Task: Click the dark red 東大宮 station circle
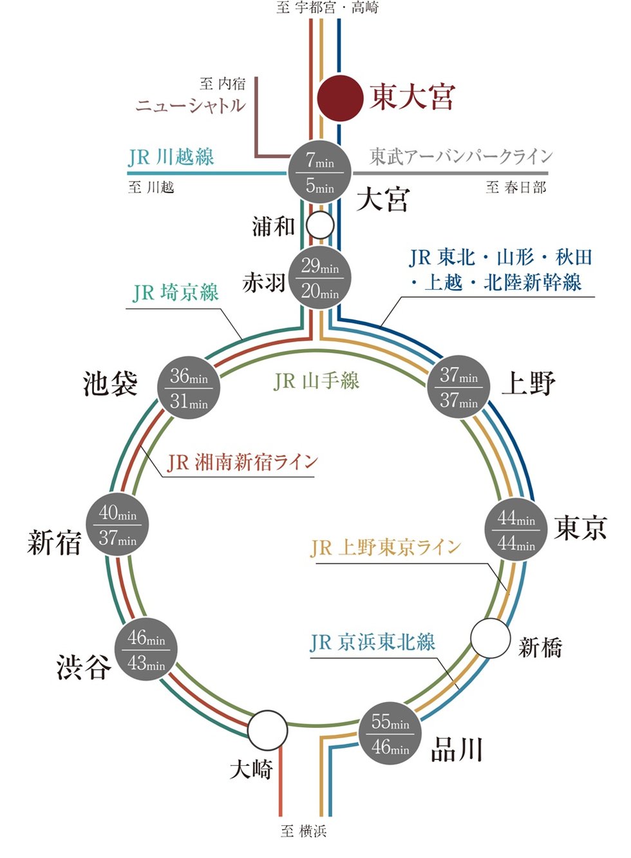[x=340, y=98]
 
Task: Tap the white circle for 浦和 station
[x=320, y=225]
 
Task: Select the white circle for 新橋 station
[x=491, y=638]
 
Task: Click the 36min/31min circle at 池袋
[x=189, y=388]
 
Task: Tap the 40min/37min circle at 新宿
[x=118, y=525]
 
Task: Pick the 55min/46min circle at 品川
[x=390, y=734]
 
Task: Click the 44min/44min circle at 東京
[x=516, y=530]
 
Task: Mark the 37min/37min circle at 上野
[x=459, y=386]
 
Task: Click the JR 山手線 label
[x=315, y=381]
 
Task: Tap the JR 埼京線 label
[x=176, y=293]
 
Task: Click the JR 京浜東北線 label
[x=373, y=642]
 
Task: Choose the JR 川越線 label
[x=171, y=157]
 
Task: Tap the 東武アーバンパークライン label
[x=461, y=157]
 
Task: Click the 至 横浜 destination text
[x=304, y=831]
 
